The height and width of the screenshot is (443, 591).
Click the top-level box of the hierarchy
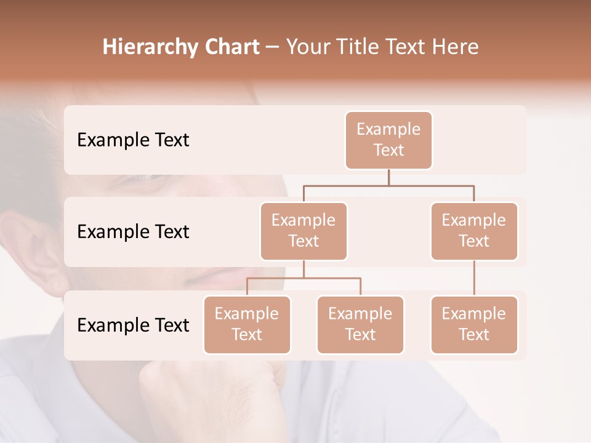click(x=388, y=140)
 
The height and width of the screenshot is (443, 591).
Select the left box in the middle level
click(x=304, y=231)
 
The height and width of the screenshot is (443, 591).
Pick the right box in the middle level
click(x=474, y=231)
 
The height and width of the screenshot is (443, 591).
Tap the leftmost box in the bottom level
click(x=247, y=325)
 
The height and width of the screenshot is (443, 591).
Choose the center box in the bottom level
click(x=360, y=325)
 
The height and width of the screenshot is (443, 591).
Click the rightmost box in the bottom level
click(x=474, y=325)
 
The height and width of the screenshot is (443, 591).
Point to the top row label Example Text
click(x=133, y=140)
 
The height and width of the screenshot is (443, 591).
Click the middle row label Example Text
click(x=133, y=232)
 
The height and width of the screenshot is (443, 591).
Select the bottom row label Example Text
click(x=133, y=325)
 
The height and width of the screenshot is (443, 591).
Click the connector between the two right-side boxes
click(x=474, y=278)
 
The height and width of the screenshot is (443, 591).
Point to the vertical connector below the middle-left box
click(x=304, y=269)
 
